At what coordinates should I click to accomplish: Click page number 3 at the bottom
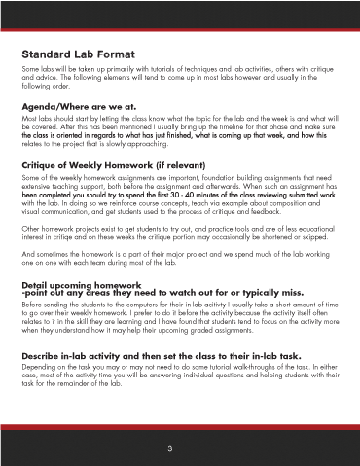[170, 448]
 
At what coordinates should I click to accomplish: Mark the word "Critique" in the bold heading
[47, 166]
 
